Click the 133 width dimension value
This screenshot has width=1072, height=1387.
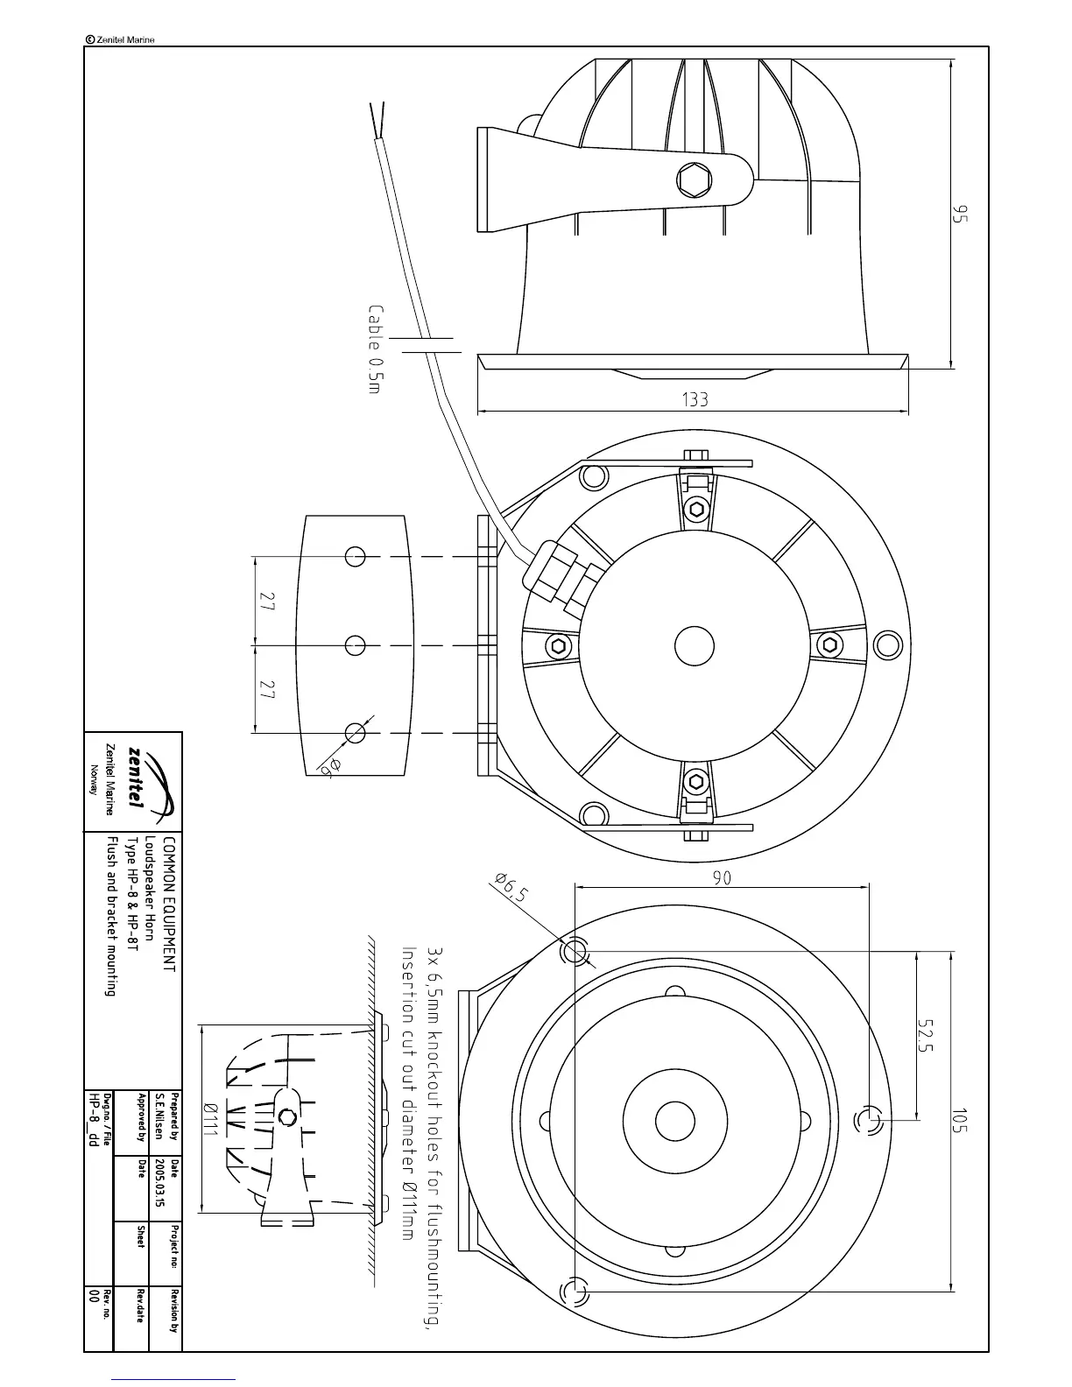pyautogui.click(x=695, y=400)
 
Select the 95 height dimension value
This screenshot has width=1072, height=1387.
pyautogui.click(x=961, y=215)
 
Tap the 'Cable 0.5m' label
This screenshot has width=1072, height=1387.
pyautogui.click(x=376, y=349)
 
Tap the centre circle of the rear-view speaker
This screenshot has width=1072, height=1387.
pyautogui.click(x=695, y=646)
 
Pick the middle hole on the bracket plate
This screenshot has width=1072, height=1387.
pyautogui.click(x=356, y=645)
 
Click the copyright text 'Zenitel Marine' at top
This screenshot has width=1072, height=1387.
pyautogui.click(x=121, y=39)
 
